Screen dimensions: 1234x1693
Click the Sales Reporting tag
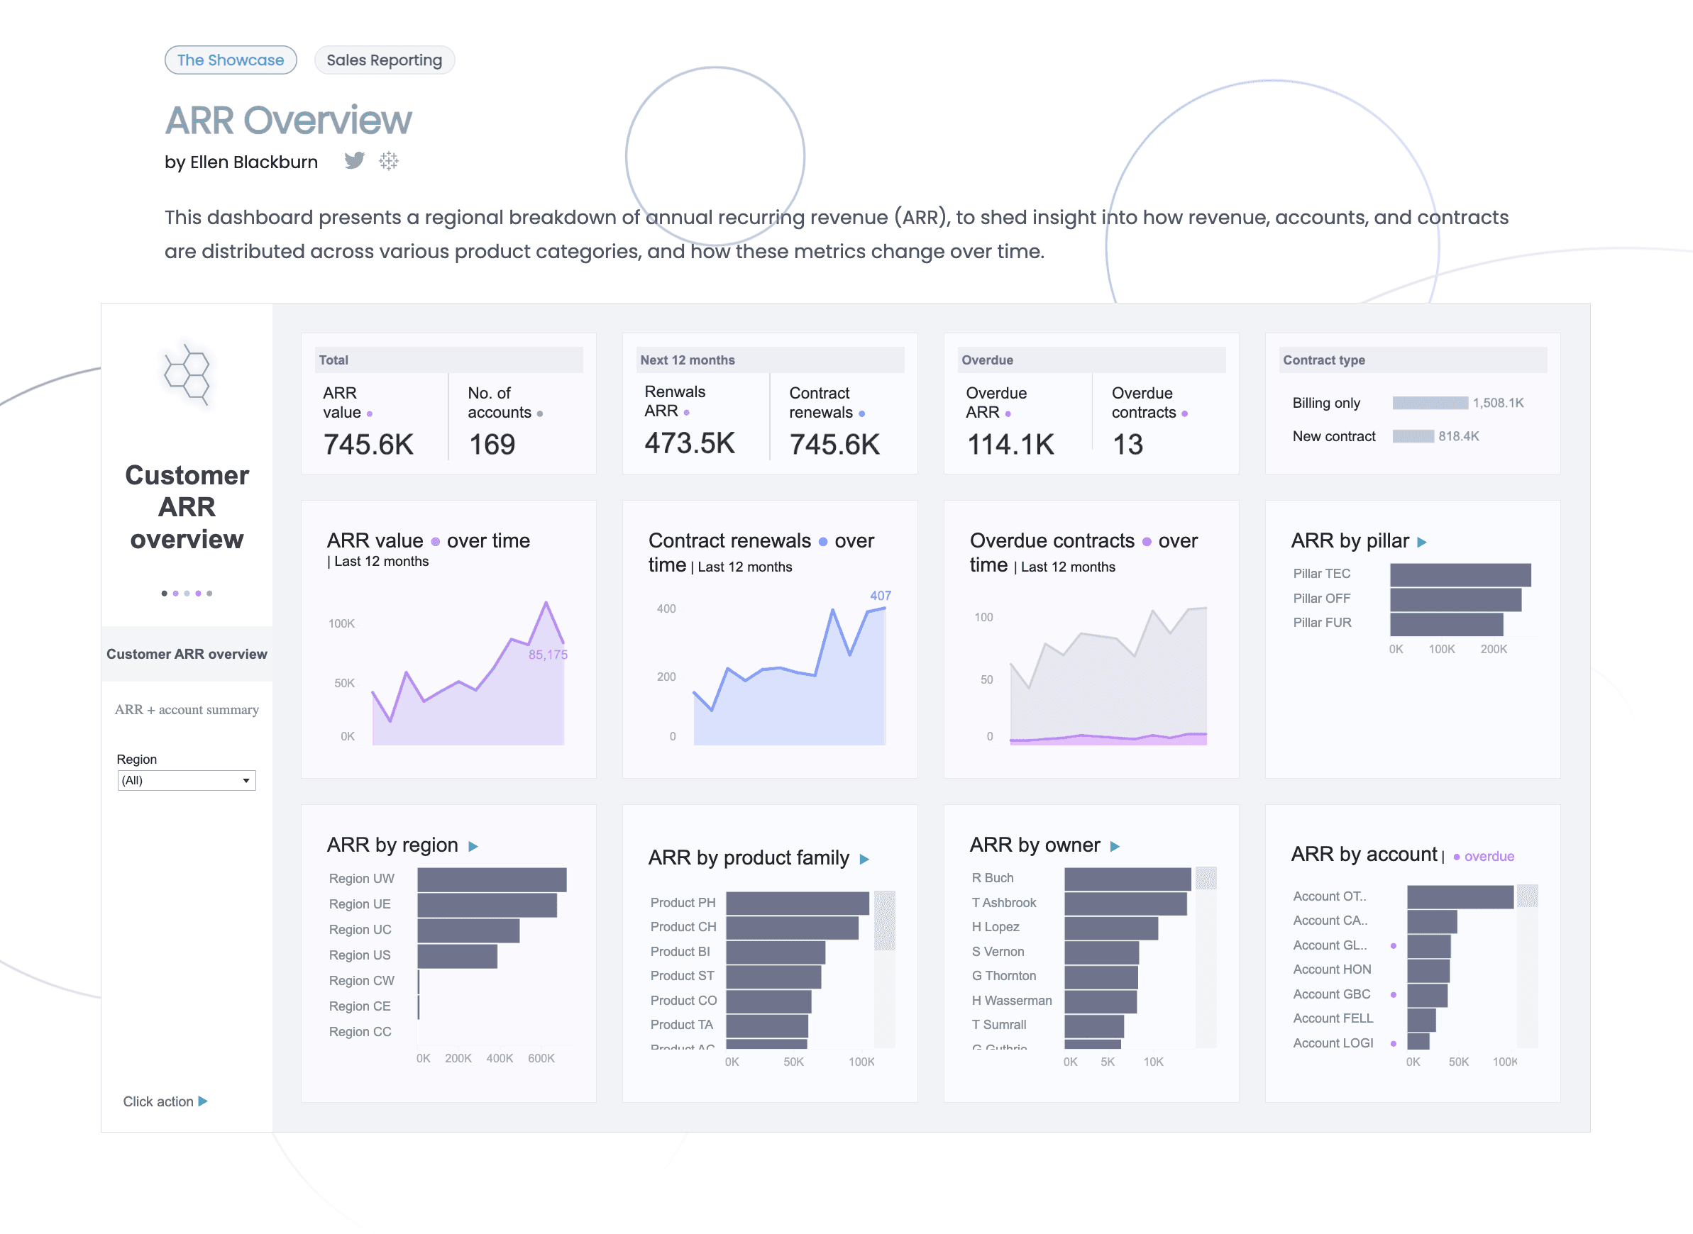tap(384, 60)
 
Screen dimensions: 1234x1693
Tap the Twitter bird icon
tap(354, 160)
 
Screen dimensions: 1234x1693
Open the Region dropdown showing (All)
tap(186, 781)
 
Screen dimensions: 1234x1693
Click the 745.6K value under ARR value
tap(368, 445)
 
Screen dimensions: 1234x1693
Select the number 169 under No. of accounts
tap(492, 445)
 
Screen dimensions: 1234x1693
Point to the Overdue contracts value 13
tap(1127, 445)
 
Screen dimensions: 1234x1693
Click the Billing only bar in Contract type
tap(1429, 404)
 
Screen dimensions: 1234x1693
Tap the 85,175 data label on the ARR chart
tap(548, 655)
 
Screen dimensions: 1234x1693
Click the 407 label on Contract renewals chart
tap(880, 595)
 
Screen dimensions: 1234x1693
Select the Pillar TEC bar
tap(1460, 574)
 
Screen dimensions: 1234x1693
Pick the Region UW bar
tap(492, 880)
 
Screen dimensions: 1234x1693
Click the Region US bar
tap(457, 956)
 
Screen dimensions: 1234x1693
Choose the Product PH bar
tap(798, 903)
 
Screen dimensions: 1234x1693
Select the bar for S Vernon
tap(1101, 952)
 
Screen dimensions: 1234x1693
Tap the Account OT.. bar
tap(1460, 897)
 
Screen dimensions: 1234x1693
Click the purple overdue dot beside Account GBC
tap(1394, 995)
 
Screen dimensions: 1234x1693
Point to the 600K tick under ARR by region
tap(541, 1058)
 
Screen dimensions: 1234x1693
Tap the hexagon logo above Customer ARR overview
tap(187, 374)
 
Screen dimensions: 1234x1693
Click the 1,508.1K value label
tap(1498, 404)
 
